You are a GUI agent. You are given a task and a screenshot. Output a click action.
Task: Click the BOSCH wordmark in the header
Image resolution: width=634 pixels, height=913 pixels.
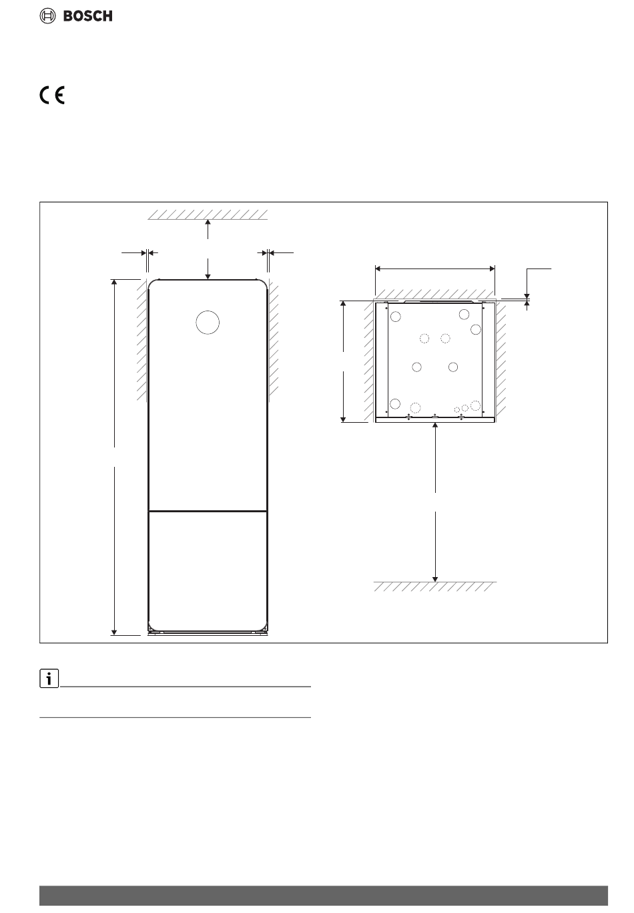tap(87, 16)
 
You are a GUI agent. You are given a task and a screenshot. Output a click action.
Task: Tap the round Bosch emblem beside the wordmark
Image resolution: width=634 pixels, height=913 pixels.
tap(47, 16)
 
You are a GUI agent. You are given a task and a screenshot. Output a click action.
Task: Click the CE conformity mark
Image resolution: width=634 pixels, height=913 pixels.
tap(52, 96)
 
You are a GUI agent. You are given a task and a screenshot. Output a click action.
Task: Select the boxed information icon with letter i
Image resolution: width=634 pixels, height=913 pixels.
tap(49, 679)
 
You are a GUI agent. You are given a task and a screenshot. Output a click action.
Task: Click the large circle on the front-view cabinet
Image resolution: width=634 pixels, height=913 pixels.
tap(208, 323)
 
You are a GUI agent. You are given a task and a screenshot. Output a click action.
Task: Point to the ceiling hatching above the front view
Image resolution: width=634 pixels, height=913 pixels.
tap(208, 215)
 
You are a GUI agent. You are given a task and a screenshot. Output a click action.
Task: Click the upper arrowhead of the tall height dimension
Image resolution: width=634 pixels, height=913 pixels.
tap(114, 282)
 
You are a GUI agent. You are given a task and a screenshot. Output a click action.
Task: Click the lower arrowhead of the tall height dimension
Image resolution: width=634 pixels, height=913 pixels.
tap(114, 632)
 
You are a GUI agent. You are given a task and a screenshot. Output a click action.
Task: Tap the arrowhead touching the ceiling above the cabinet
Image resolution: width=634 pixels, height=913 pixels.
tap(208, 222)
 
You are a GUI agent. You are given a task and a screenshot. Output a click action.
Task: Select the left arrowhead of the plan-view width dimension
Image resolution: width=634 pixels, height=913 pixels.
tap(378, 268)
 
